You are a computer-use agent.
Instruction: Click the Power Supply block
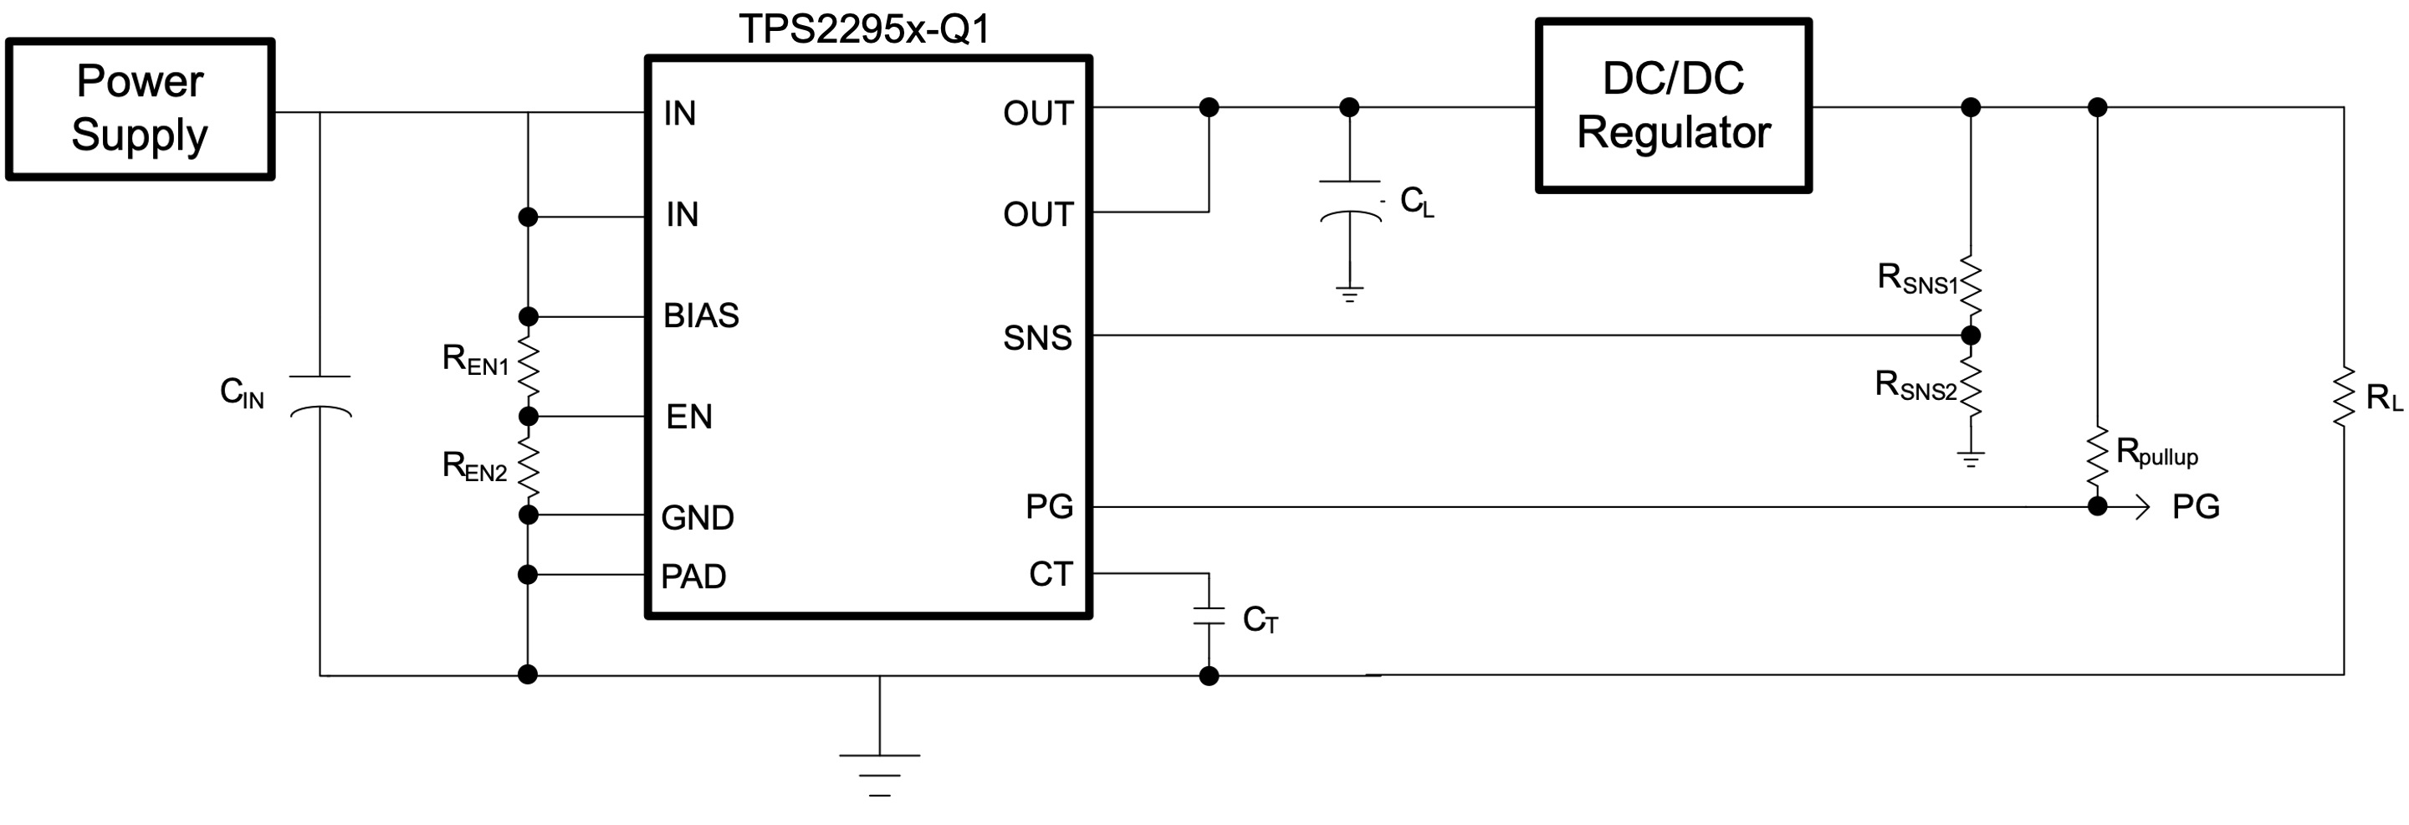pyautogui.click(x=140, y=109)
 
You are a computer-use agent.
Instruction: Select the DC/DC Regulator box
pyautogui.click(x=1673, y=105)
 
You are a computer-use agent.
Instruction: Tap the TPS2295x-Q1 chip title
pyautogui.click(x=863, y=29)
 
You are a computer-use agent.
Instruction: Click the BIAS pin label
pyautogui.click(x=700, y=316)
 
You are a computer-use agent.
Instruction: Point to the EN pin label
pyautogui.click(x=688, y=416)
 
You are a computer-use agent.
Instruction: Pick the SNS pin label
pyautogui.click(x=1036, y=338)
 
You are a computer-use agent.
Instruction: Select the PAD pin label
pyautogui.click(x=693, y=576)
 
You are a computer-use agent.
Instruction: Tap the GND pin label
pyautogui.click(x=697, y=517)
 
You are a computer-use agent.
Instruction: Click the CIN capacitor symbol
pyautogui.click(x=320, y=394)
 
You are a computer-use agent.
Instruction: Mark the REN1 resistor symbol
pyautogui.click(x=529, y=366)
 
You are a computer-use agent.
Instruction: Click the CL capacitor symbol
pyautogui.click(x=1349, y=199)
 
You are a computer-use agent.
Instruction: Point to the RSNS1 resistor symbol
pyautogui.click(x=1971, y=286)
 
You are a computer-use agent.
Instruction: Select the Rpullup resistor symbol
pyautogui.click(x=2098, y=459)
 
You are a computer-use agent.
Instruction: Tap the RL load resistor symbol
pyautogui.click(x=2344, y=397)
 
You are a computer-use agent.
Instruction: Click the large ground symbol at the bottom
pyautogui.click(x=879, y=772)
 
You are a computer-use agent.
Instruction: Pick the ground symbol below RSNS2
pyautogui.click(x=1971, y=459)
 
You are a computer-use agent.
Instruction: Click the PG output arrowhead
pyautogui.click(x=2142, y=507)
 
